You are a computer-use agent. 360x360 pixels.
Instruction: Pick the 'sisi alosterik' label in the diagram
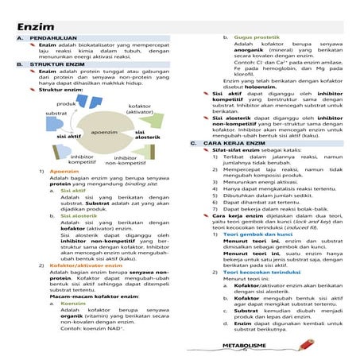coord(148,135)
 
